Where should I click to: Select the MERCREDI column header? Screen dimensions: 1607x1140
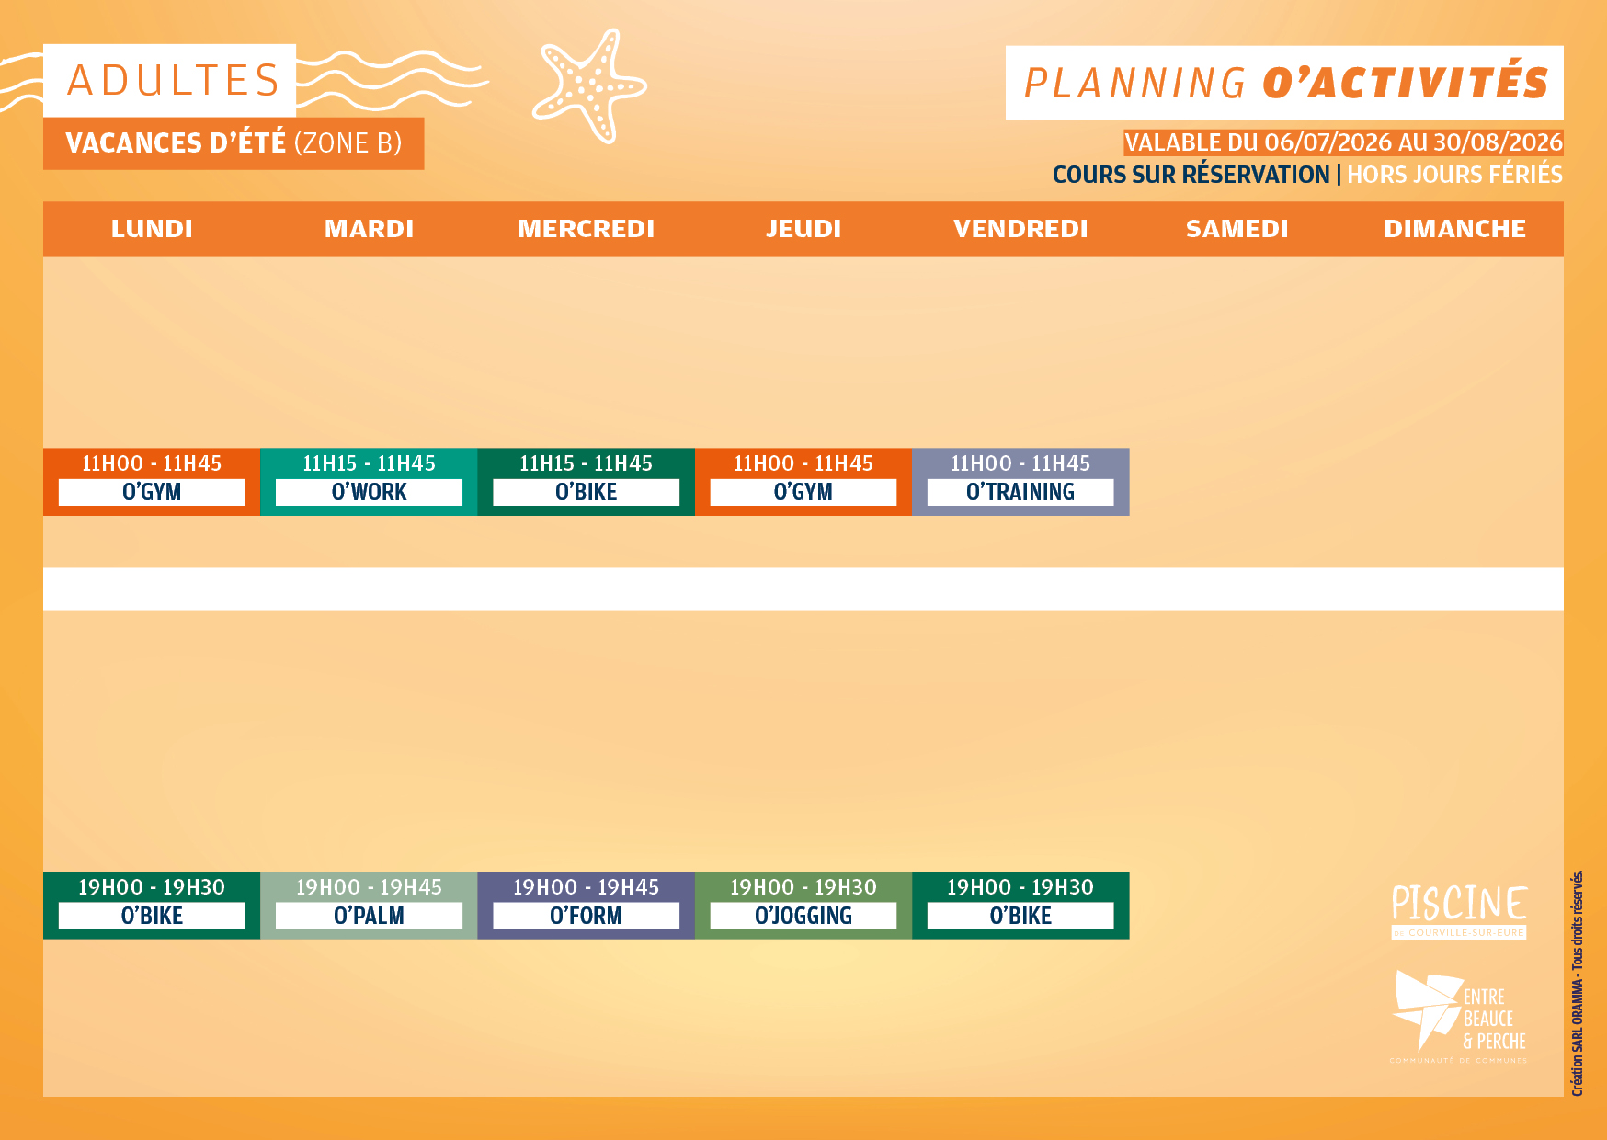coord(587,229)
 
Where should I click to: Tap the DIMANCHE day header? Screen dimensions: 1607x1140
coord(1455,229)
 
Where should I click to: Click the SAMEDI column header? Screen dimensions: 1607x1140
coord(1237,229)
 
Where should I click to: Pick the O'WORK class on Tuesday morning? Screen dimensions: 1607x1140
coord(369,493)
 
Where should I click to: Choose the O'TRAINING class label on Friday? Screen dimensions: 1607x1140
coord(1020,493)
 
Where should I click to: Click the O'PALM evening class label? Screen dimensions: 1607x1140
coord(369,916)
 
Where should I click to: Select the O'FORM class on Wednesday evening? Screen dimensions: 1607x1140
coord(586,916)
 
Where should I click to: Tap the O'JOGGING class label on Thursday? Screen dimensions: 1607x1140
coord(803,916)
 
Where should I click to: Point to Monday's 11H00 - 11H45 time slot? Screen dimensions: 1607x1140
coord(152,463)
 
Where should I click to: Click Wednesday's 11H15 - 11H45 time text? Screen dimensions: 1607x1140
coord(586,463)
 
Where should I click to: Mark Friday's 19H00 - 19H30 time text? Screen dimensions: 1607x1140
coord(1020,887)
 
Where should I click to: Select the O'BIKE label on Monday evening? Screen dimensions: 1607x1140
coord(152,916)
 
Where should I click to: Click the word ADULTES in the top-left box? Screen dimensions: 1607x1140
coord(174,80)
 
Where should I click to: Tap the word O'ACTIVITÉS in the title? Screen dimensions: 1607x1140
coord(1406,83)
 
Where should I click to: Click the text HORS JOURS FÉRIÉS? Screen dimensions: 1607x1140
coord(1454,175)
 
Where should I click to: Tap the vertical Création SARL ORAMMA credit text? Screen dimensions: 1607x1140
coord(1578,983)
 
